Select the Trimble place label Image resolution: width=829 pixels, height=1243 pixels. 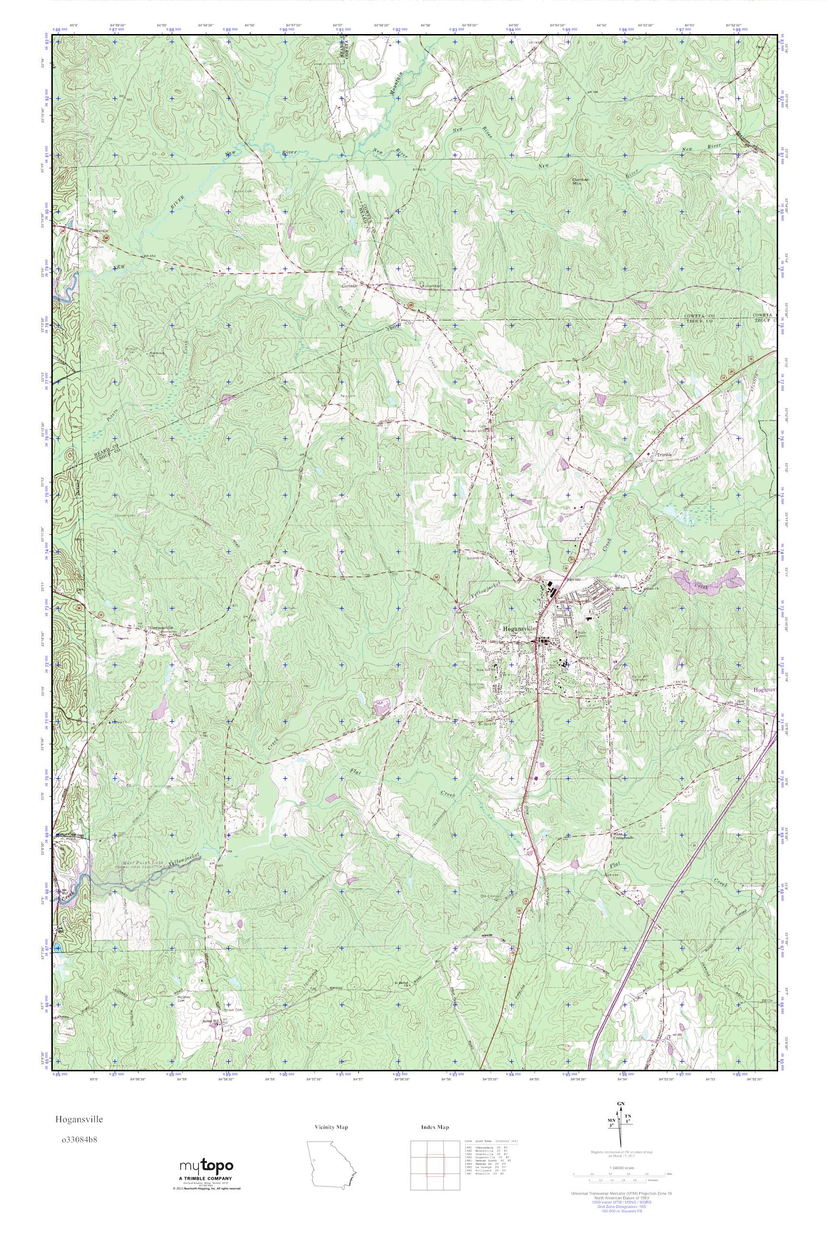(x=664, y=455)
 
